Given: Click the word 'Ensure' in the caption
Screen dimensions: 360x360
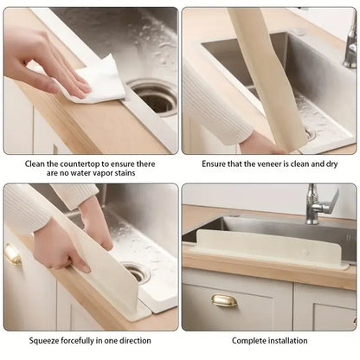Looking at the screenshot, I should [x=215, y=164].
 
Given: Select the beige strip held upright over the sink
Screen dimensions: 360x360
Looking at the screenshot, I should [x=260, y=69].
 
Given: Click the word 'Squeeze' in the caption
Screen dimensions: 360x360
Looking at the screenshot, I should [x=42, y=341].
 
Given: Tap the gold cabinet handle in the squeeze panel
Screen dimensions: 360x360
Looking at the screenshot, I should [x=13, y=254].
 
